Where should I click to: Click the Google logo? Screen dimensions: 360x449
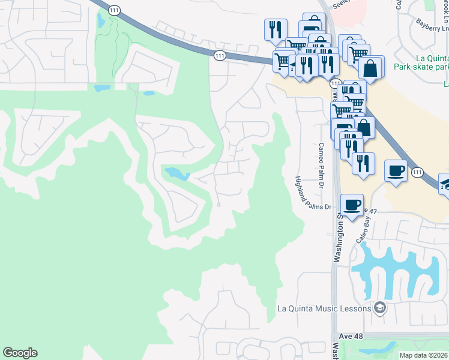point(20,353)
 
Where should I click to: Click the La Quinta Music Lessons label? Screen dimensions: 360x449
point(323,309)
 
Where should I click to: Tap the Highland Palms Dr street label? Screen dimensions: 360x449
point(312,193)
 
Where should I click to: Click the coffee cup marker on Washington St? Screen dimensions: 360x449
point(352,205)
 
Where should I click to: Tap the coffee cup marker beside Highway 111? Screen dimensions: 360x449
point(396,170)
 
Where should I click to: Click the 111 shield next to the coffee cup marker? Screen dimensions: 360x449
point(417,172)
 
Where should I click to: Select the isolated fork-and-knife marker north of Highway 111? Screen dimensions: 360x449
point(276,29)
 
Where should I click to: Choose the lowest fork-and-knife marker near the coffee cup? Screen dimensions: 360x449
point(363,164)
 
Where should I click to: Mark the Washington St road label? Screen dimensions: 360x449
point(339,241)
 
